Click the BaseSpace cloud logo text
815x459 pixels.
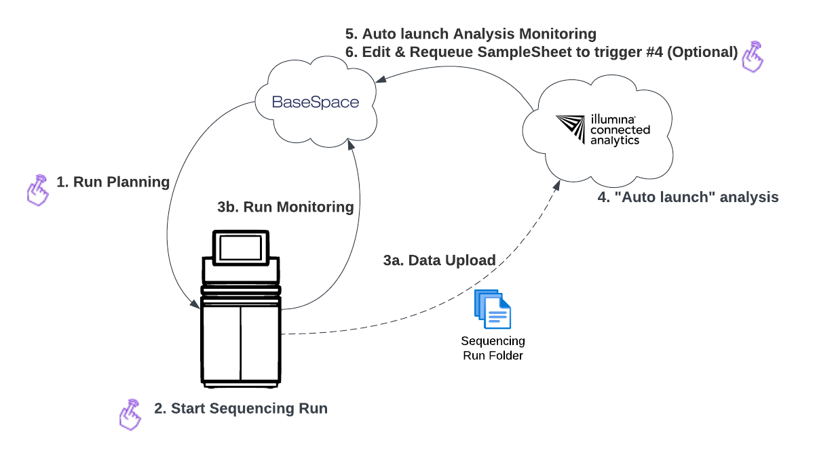315,102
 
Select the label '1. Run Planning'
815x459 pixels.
113,182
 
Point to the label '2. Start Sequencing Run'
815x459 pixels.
240,409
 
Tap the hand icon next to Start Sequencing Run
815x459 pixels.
130,414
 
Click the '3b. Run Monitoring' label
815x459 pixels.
286,207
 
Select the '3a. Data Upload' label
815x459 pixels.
439,260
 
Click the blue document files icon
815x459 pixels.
493,309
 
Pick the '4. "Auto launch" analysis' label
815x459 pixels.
687,198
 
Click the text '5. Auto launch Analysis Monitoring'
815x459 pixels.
470,34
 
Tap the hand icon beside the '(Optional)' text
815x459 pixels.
752,57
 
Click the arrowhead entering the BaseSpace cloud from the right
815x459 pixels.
382,79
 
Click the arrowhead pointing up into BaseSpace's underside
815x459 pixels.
349,146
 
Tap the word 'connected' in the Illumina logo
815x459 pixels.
619,129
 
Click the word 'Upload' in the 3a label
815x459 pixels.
470,260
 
